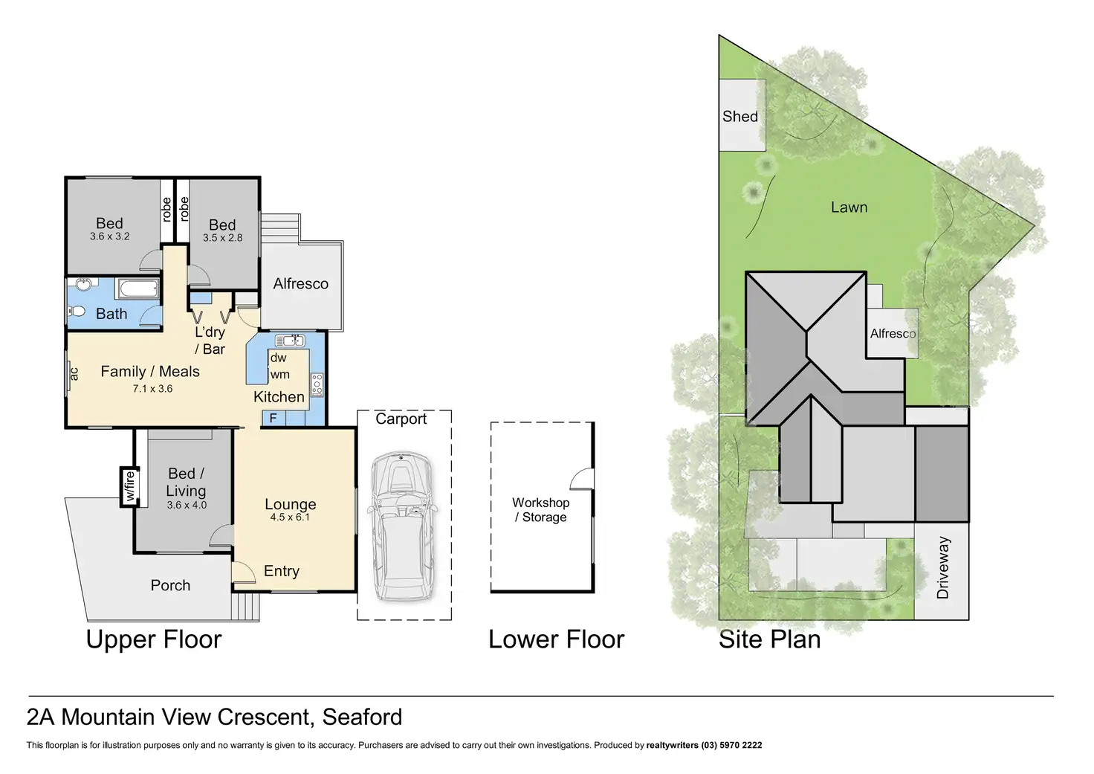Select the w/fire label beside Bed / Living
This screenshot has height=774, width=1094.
click(129, 486)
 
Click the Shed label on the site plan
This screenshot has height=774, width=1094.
click(740, 117)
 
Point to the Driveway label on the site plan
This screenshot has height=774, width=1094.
click(943, 568)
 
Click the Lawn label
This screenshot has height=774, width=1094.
click(849, 207)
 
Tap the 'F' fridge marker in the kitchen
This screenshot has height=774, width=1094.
click(273, 419)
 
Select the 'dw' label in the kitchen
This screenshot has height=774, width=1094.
click(278, 358)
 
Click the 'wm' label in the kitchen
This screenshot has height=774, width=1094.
click(279, 374)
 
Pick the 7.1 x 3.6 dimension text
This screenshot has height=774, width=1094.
click(152, 388)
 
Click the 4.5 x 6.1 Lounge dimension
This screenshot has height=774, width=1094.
click(290, 517)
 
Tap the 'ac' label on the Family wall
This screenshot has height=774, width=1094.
click(74, 373)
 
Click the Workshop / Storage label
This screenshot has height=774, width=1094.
click(541, 510)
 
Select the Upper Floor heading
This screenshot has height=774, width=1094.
click(154, 639)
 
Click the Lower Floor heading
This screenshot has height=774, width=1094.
click(556, 639)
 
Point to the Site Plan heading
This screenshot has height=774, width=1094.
click(769, 639)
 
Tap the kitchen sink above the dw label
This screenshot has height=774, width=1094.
click(290, 341)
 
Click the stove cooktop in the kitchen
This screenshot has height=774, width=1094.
click(317, 384)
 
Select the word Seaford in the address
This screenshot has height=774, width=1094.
click(362, 717)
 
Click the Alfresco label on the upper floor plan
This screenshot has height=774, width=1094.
click(300, 283)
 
